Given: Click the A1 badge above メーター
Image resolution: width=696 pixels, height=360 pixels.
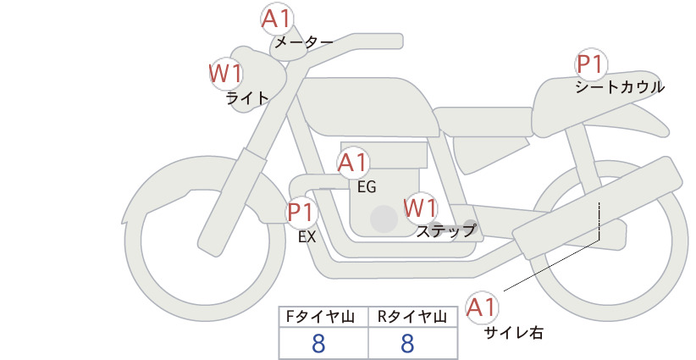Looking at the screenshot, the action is click(x=277, y=19).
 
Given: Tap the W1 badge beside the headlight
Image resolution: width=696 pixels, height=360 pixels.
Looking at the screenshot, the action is click(x=226, y=74).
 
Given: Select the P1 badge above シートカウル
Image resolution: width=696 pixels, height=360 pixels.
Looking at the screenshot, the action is click(x=591, y=64).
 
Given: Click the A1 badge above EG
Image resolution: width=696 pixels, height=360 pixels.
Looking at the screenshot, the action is click(x=353, y=163).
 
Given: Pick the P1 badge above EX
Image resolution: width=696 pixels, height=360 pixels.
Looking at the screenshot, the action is click(x=301, y=213).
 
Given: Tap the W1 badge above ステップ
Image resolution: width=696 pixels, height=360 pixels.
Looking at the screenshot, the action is click(x=420, y=208).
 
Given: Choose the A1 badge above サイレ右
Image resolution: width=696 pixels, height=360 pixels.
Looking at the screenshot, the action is click(x=482, y=308).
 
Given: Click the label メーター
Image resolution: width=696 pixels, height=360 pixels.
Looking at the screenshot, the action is click(x=304, y=42).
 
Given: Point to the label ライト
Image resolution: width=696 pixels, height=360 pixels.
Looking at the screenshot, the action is click(x=248, y=97).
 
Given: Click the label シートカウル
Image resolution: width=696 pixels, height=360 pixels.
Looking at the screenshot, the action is click(x=620, y=87).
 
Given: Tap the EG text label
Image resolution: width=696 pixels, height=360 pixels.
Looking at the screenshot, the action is click(x=367, y=187).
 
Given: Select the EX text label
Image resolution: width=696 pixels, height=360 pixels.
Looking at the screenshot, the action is click(x=307, y=237).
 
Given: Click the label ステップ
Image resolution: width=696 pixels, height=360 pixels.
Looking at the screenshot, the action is click(x=446, y=231).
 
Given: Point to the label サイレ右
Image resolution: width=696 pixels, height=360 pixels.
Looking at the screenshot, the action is click(x=514, y=333).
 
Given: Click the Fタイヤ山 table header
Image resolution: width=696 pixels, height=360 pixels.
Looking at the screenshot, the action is click(x=320, y=317).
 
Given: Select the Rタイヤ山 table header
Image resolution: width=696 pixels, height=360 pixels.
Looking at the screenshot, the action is click(x=412, y=317).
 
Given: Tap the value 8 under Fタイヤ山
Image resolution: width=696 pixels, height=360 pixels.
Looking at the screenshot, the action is click(x=319, y=343).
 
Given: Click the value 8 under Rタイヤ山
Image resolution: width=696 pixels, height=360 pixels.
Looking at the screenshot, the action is click(x=407, y=343).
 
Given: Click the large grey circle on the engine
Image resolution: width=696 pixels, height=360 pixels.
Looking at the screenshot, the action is click(x=384, y=219).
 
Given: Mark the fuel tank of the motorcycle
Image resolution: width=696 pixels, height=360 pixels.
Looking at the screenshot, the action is click(x=366, y=107).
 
